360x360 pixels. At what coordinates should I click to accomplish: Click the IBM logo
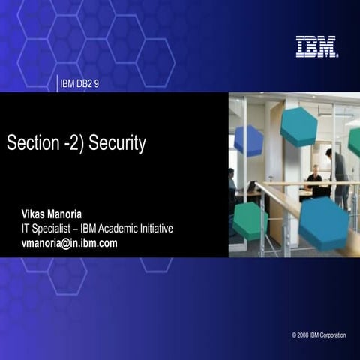pos(316,46)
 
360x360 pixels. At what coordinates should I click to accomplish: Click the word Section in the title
pos(30,143)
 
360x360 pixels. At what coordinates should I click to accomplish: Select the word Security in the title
pos(117,143)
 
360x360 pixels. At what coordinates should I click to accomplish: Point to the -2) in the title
pos(70,143)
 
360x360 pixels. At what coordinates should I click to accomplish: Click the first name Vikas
pos(35,215)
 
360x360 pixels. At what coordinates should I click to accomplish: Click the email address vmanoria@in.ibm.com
pos(69,242)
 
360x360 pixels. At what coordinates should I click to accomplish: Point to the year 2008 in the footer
pos(305,335)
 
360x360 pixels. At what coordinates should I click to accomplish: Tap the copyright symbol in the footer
pos(295,335)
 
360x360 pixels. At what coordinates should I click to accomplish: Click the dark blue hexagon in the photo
pos(248,140)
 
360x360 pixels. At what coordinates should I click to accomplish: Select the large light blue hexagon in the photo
pos(323,222)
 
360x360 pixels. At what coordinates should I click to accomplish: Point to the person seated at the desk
pos(313,180)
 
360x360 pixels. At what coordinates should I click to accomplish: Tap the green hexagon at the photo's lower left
pos(250,221)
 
